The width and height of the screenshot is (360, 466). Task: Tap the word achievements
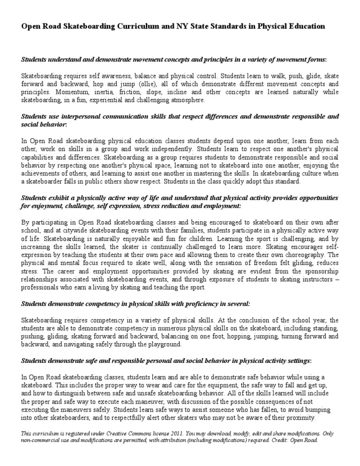40,173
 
